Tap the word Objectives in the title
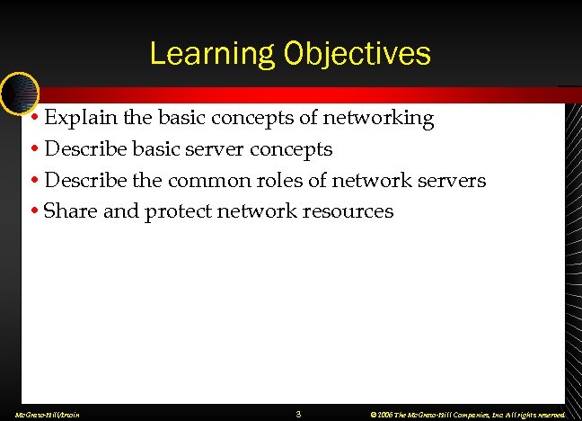point(357,54)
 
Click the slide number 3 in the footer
point(298,414)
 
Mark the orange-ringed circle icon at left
point(19,90)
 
